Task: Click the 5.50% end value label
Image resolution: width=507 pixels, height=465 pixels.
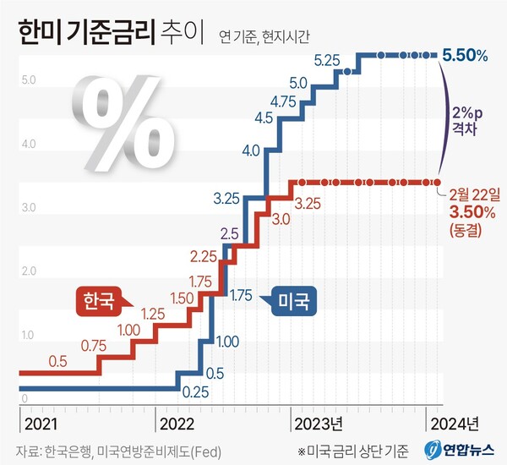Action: click(x=465, y=56)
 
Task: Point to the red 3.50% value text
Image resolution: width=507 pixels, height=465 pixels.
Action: click(x=465, y=209)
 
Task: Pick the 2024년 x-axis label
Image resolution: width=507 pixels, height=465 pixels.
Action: click(x=455, y=423)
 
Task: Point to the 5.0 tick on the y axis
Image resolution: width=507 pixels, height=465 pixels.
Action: click(x=28, y=81)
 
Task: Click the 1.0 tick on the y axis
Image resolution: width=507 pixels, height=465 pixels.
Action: click(x=28, y=336)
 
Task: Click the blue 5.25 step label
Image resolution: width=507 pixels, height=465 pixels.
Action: click(x=327, y=60)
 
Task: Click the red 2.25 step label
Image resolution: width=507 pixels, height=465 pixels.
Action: click(x=206, y=255)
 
